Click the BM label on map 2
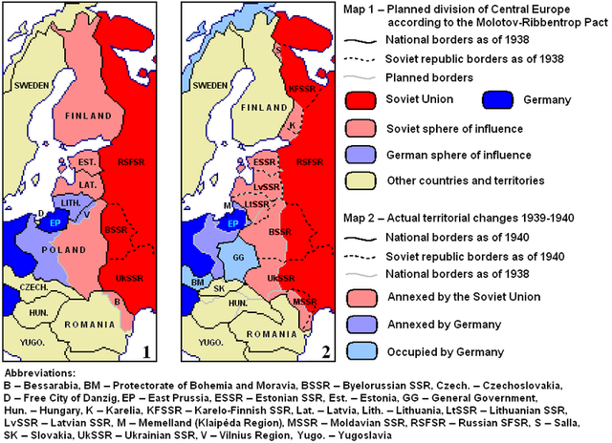[197, 284]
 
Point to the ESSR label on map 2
[266, 162]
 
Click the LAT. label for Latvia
[89, 183]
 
